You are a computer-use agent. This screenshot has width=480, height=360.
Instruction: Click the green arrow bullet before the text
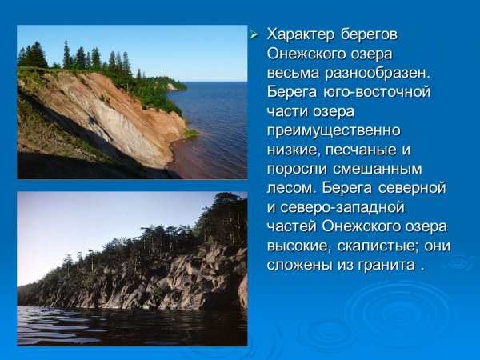point(254,34)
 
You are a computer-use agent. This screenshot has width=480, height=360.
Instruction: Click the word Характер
point(300,35)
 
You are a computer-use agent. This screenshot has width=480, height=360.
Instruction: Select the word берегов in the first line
point(369,34)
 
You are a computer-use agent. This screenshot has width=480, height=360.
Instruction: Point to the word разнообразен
point(378,74)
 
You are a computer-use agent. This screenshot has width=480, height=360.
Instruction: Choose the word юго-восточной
point(377,92)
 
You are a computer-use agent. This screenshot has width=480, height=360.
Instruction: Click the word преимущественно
point(334,130)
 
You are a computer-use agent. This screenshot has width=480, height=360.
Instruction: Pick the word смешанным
point(377,170)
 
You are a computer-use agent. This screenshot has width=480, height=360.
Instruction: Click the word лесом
point(291,188)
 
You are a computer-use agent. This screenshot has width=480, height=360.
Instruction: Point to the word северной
point(412,188)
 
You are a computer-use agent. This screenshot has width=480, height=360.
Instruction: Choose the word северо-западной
point(342,208)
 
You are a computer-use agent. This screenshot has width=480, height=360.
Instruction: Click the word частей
point(291,227)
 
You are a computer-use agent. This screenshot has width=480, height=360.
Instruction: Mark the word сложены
point(299,265)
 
